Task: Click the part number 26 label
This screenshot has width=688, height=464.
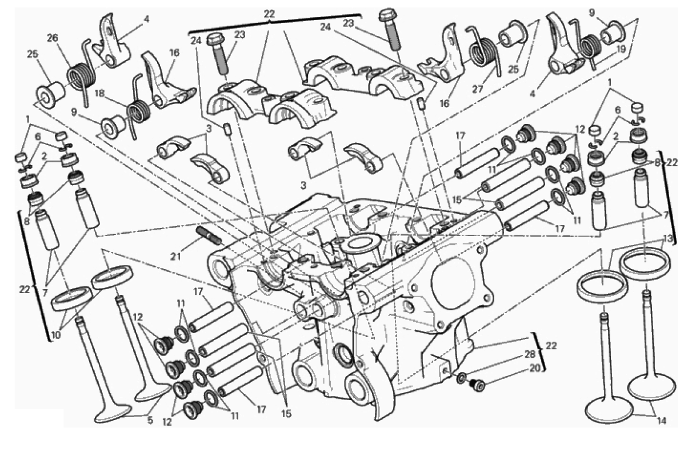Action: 53,39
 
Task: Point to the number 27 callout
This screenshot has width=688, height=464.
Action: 478,89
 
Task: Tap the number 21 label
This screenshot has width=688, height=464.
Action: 175,256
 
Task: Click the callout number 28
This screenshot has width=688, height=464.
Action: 530,354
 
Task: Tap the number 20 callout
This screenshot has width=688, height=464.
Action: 535,368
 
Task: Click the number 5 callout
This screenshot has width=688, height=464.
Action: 150,421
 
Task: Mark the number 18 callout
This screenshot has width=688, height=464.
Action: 99,94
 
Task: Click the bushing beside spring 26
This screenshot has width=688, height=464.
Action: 50,94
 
